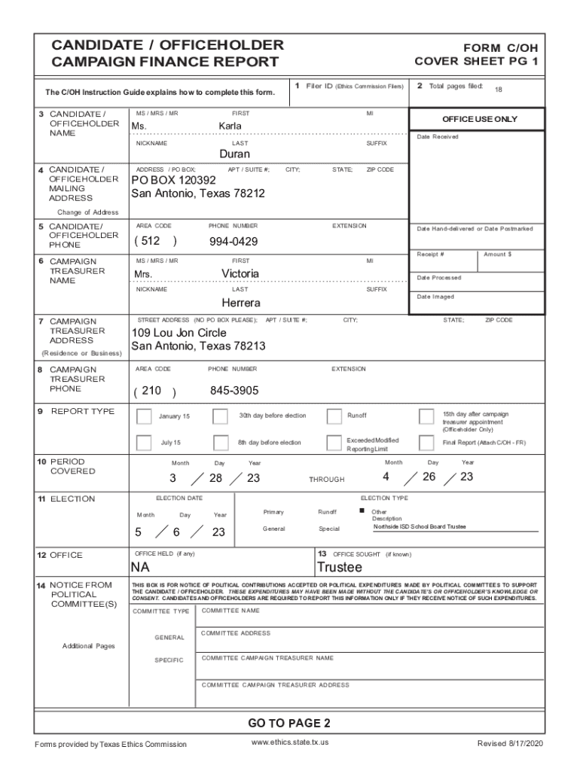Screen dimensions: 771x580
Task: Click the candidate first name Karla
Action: [x=230, y=126]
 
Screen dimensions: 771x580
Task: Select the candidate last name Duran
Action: [x=234, y=154]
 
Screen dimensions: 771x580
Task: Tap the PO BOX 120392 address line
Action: [x=173, y=181]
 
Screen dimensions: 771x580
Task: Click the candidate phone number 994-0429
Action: [x=234, y=242]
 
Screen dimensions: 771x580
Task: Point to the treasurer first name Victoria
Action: [x=240, y=273]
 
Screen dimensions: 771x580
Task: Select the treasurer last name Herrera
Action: [x=241, y=303]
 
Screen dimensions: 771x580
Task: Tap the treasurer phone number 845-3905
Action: [x=234, y=391]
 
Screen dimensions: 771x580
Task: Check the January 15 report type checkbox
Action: [x=143, y=416]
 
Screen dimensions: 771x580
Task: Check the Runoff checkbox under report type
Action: [x=334, y=416]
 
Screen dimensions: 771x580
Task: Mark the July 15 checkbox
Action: [x=143, y=443]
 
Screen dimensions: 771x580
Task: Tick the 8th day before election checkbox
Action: [x=221, y=443]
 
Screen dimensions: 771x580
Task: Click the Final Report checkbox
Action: [x=426, y=443]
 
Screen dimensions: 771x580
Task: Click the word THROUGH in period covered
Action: [x=326, y=480]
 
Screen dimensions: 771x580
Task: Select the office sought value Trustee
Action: [x=340, y=567]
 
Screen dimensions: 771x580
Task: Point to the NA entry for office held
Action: [x=140, y=567]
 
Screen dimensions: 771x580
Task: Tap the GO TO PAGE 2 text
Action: [x=289, y=724]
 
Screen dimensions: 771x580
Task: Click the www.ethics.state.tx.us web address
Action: [x=290, y=743]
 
